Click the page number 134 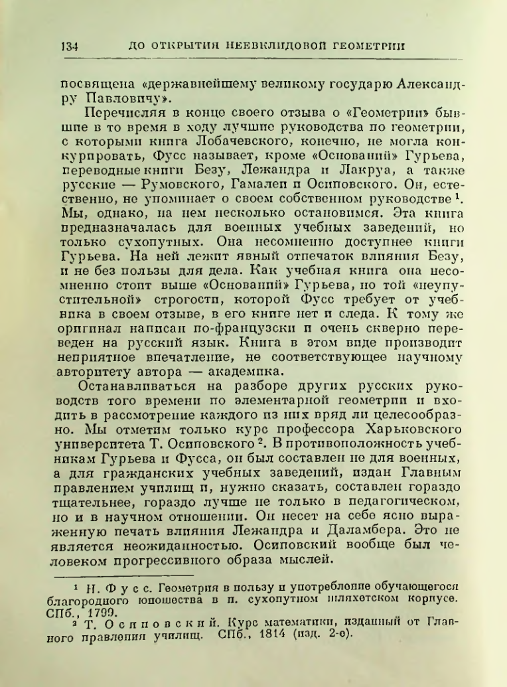click(x=69, y=46)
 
